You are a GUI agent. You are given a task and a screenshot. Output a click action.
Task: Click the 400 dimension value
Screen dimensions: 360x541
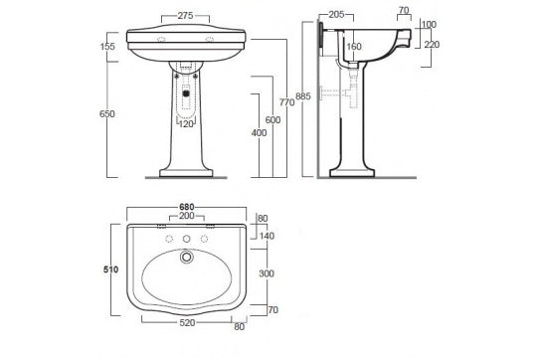tap(258, 132)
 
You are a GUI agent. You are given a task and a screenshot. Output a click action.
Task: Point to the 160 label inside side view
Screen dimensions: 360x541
tap(354, 46)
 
